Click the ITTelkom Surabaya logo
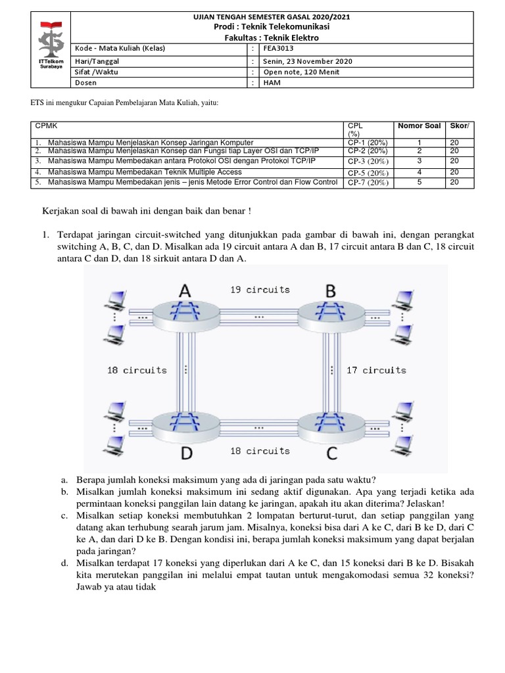(50, 47)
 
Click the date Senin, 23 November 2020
(308, 61)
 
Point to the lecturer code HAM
(272, 83)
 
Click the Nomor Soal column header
(419, 126)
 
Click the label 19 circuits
(260, 289)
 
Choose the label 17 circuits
(377, 371)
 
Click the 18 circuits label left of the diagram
(137, 371)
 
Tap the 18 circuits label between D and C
(260, 451)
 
